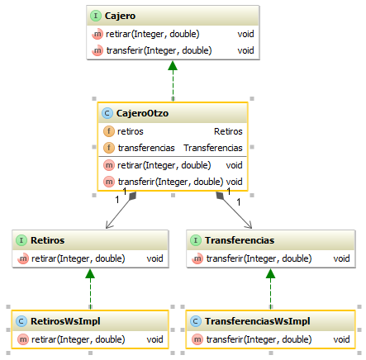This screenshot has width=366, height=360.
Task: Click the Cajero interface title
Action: click(120, 16)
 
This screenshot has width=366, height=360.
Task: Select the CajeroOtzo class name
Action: click(142, 113)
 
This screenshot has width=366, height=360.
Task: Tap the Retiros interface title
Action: click(47, 240)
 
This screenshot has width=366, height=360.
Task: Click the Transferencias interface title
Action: click(240, 240)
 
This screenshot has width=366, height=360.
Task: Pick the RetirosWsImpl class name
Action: click(65, 321)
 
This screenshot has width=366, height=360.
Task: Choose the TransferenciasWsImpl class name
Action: click(258, 321)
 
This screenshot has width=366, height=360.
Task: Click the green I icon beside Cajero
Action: click(96, 16)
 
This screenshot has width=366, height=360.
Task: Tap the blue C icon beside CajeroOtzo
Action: click(107, 113)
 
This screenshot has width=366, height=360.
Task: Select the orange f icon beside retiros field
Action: click(109, 131)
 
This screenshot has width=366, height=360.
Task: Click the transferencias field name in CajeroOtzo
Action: click(146, 148)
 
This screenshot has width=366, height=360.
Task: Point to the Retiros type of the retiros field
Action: click(228, 131)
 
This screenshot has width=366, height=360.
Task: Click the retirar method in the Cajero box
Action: click(152, 34)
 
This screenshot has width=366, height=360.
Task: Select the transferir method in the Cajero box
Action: click(159, 50)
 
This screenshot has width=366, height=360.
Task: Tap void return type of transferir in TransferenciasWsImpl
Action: click(341, 339)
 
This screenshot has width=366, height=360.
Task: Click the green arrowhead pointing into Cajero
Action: click(173, 65)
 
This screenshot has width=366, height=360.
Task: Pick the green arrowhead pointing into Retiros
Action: click(90, 273)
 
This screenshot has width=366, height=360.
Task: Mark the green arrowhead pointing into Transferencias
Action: click(270, 273)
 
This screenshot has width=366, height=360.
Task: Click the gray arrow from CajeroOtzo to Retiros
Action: click(121, 210)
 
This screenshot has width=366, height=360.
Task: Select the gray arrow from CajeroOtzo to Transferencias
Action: click(234, 210)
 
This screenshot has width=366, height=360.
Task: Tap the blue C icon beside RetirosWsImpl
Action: click(21, 321)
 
